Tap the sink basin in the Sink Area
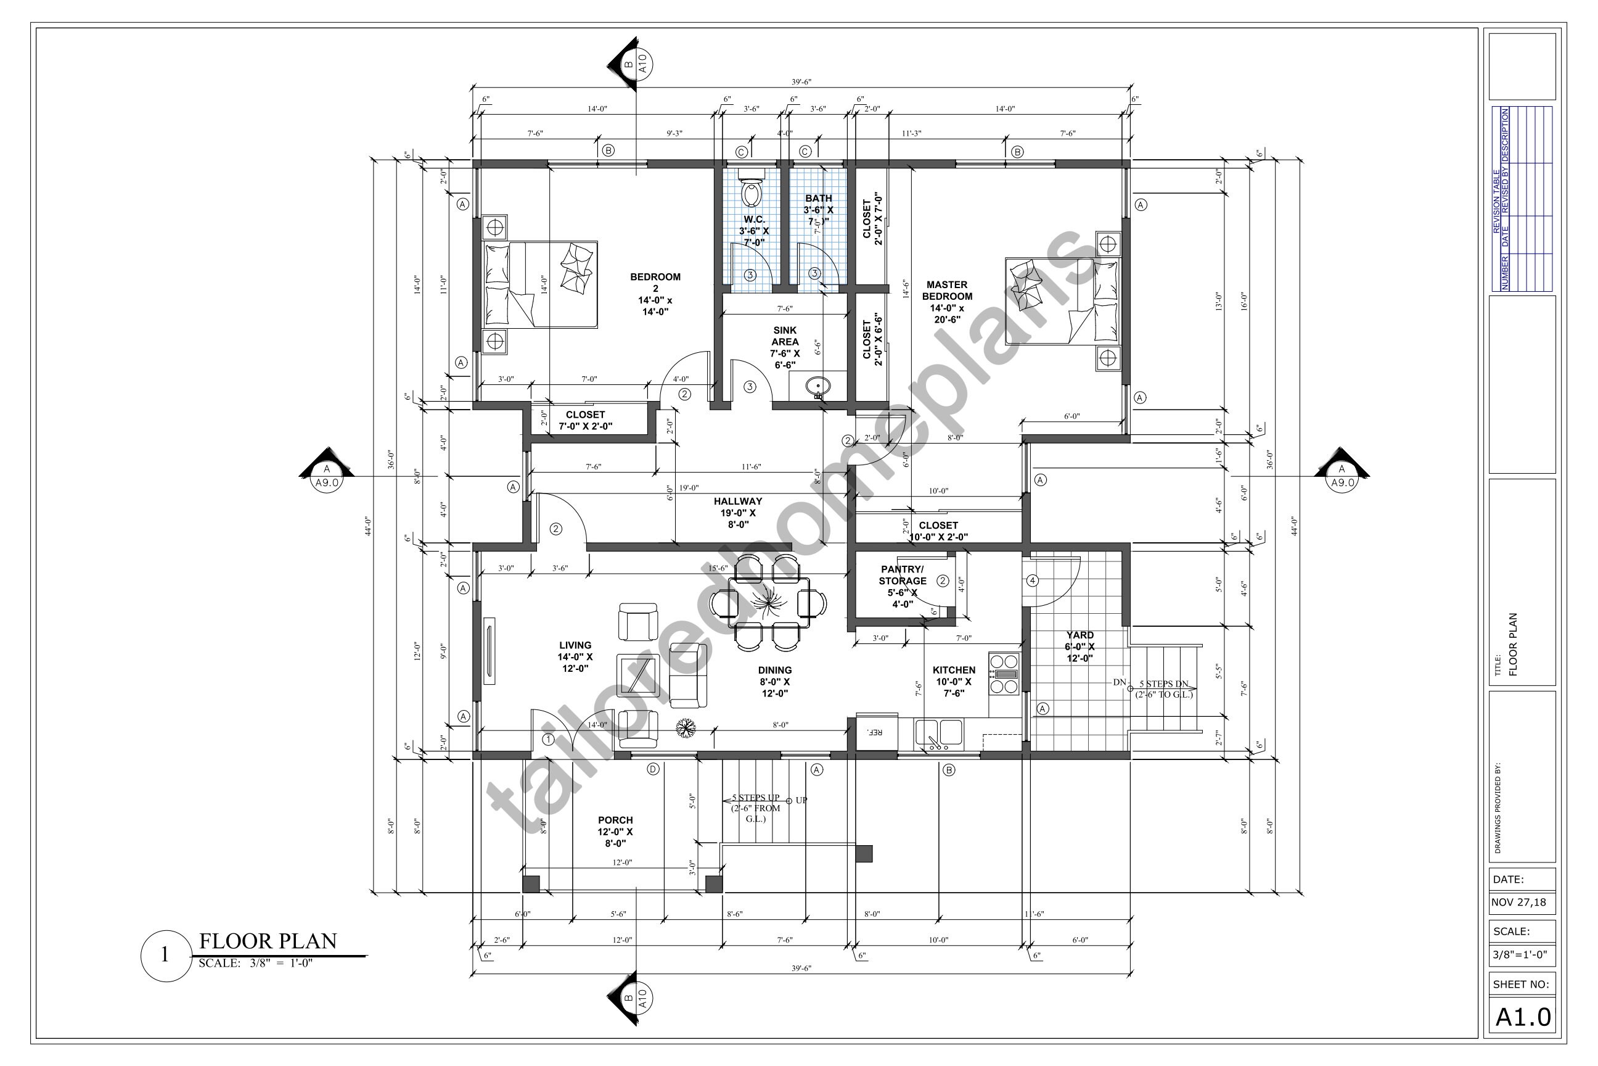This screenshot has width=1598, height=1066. pos(817,388)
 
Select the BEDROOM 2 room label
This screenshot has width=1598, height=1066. pos(655,294)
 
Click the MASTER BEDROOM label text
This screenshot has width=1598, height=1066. pos(946,302)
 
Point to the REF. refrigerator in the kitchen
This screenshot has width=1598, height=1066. pos(876,732)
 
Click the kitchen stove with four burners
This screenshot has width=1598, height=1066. pos(1004,674)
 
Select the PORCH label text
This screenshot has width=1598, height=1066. pos(615,832)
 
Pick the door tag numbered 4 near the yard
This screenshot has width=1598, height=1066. pos(1032,581)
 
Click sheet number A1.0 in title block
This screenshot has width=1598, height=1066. pos(1523,1017)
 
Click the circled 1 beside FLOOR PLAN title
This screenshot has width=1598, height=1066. pos(165,955)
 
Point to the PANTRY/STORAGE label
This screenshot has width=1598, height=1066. pos(903,586)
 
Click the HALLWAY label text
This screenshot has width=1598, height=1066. pos(738,513)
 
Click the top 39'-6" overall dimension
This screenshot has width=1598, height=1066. pos(801,82)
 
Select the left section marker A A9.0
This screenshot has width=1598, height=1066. pos(327,476)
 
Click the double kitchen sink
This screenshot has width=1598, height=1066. pos(938,733)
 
